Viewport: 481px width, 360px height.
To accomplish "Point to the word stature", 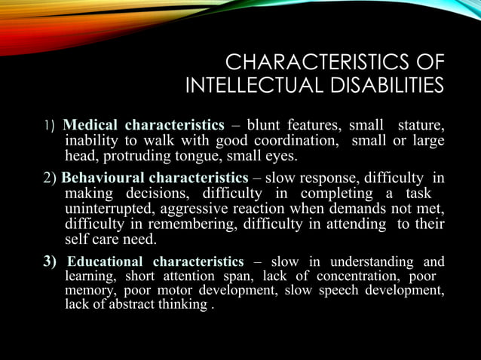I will (x=421, y=124).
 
